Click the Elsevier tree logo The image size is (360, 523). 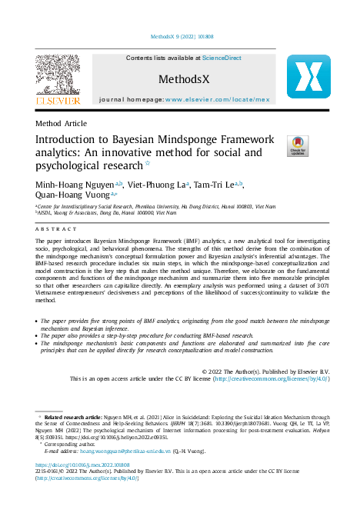[x=57, y=76]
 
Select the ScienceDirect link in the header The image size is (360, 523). [x=222, y=58]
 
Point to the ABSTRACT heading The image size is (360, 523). [x=52, y=230]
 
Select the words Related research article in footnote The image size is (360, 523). [x=73, y=416]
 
